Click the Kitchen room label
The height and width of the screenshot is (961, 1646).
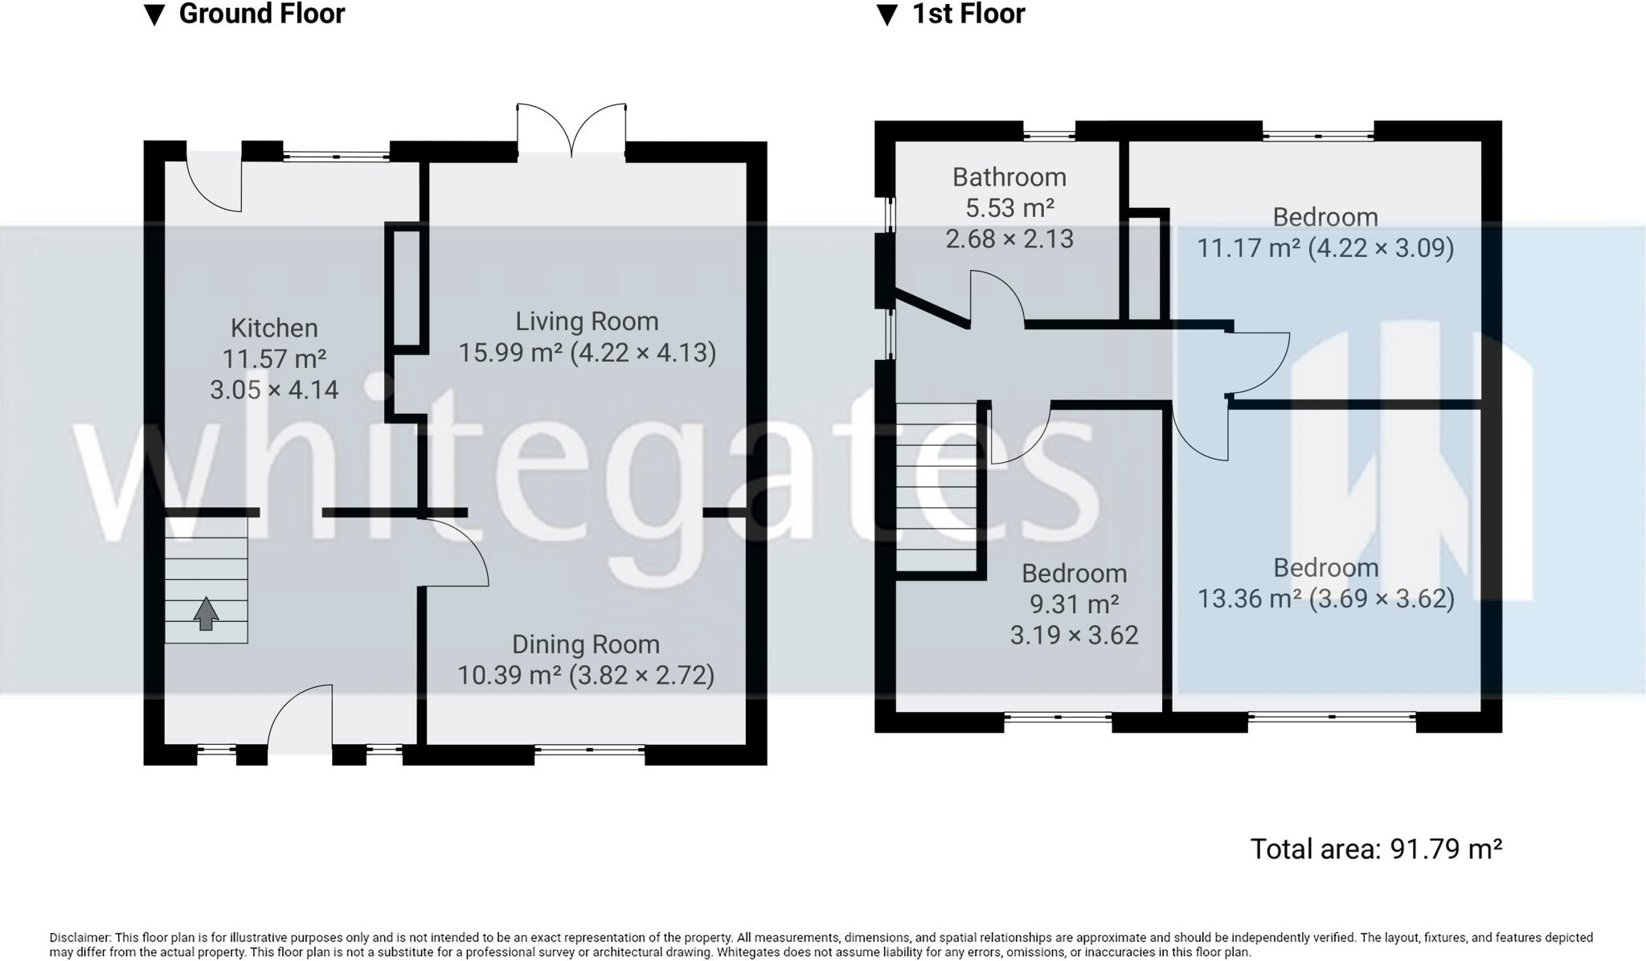274,328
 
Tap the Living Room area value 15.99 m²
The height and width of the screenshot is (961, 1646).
510,353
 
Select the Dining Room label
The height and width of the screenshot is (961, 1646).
586,644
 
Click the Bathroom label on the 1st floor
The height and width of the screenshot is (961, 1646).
1009,177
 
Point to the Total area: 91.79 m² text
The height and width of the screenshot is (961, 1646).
1376,849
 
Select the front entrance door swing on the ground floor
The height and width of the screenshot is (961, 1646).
302,718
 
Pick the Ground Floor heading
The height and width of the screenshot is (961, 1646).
261,14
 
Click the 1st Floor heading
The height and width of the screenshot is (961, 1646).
968,14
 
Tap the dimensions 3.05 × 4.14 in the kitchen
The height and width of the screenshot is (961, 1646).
274,390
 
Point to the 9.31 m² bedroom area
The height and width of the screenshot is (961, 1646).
1075,604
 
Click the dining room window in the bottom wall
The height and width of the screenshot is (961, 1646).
589,750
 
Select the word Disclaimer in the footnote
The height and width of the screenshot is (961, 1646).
80,938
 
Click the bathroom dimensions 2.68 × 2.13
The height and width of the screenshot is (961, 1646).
1009,239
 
